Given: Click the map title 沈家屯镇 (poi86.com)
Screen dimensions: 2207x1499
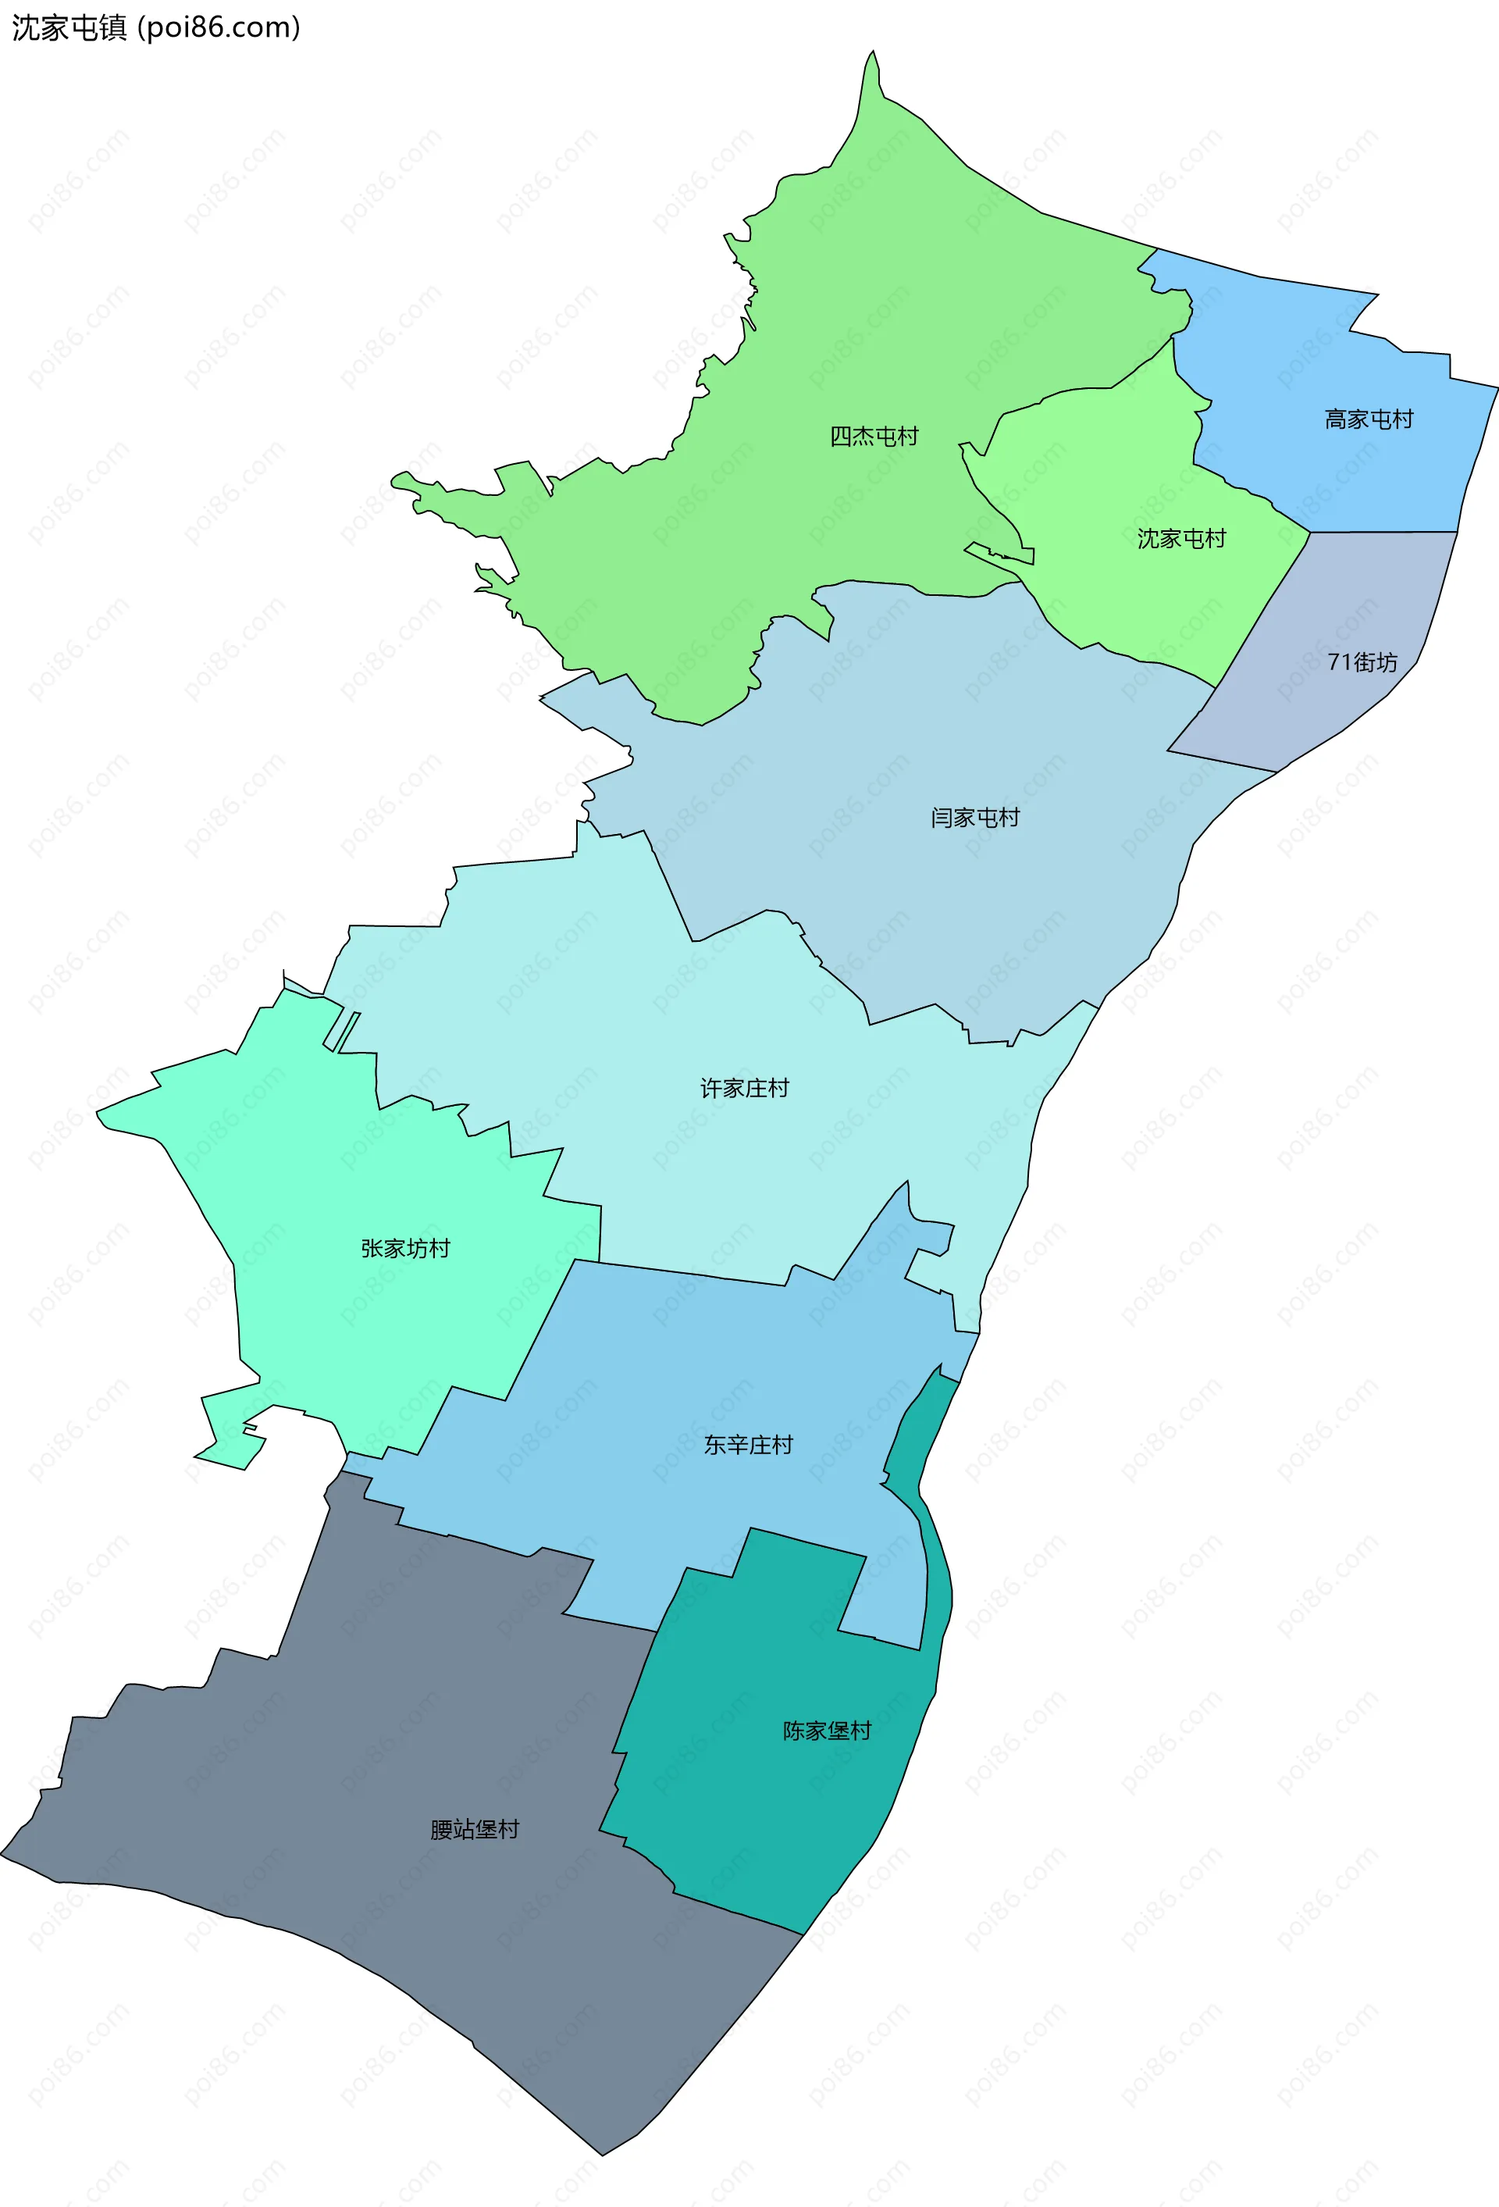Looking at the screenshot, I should pyautogui.click(x=155, y=27).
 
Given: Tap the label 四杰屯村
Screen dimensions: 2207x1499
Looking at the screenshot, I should pyautogui.click(x=874, y=436).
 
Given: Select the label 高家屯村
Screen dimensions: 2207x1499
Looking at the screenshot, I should pyautogui.click(x=1368, y=419).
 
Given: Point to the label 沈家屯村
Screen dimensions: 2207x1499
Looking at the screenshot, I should pyautogui.click(x=1181, y=538).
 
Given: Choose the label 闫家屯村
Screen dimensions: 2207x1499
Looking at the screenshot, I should pyautogui.click(x=974, y=817).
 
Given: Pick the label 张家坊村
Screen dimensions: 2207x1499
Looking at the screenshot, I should pyautogui.click(x=404, y=1248).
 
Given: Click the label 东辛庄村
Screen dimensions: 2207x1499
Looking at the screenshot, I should pyautogui.click(x=748, y=1445).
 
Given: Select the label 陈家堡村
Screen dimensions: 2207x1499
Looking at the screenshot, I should pyautogui.click(x=826, y=1731).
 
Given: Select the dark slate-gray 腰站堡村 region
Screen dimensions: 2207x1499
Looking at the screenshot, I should pyautogui.click(x=379, y=1947).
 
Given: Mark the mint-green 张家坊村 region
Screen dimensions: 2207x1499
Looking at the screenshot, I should pyautogui.click(x=313, y=1329).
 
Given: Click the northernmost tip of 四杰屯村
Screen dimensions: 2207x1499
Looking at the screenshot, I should pyautogui.click(x=874, y=52).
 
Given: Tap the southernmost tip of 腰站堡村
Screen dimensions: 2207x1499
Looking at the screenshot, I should pyautogui.click(x=602, y=2155).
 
